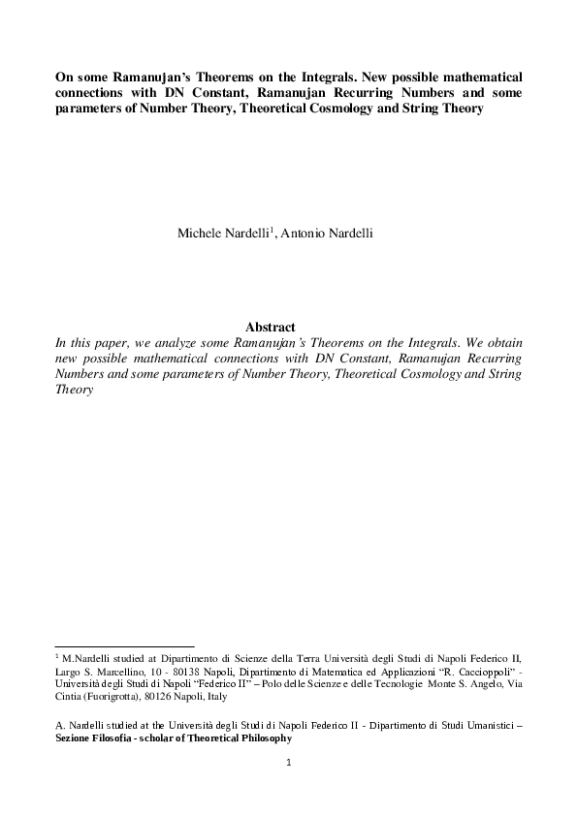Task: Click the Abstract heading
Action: point(271,328)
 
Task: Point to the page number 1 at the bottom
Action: point(289,763)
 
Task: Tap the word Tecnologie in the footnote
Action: point(391,682)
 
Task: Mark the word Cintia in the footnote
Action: point(71,695)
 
